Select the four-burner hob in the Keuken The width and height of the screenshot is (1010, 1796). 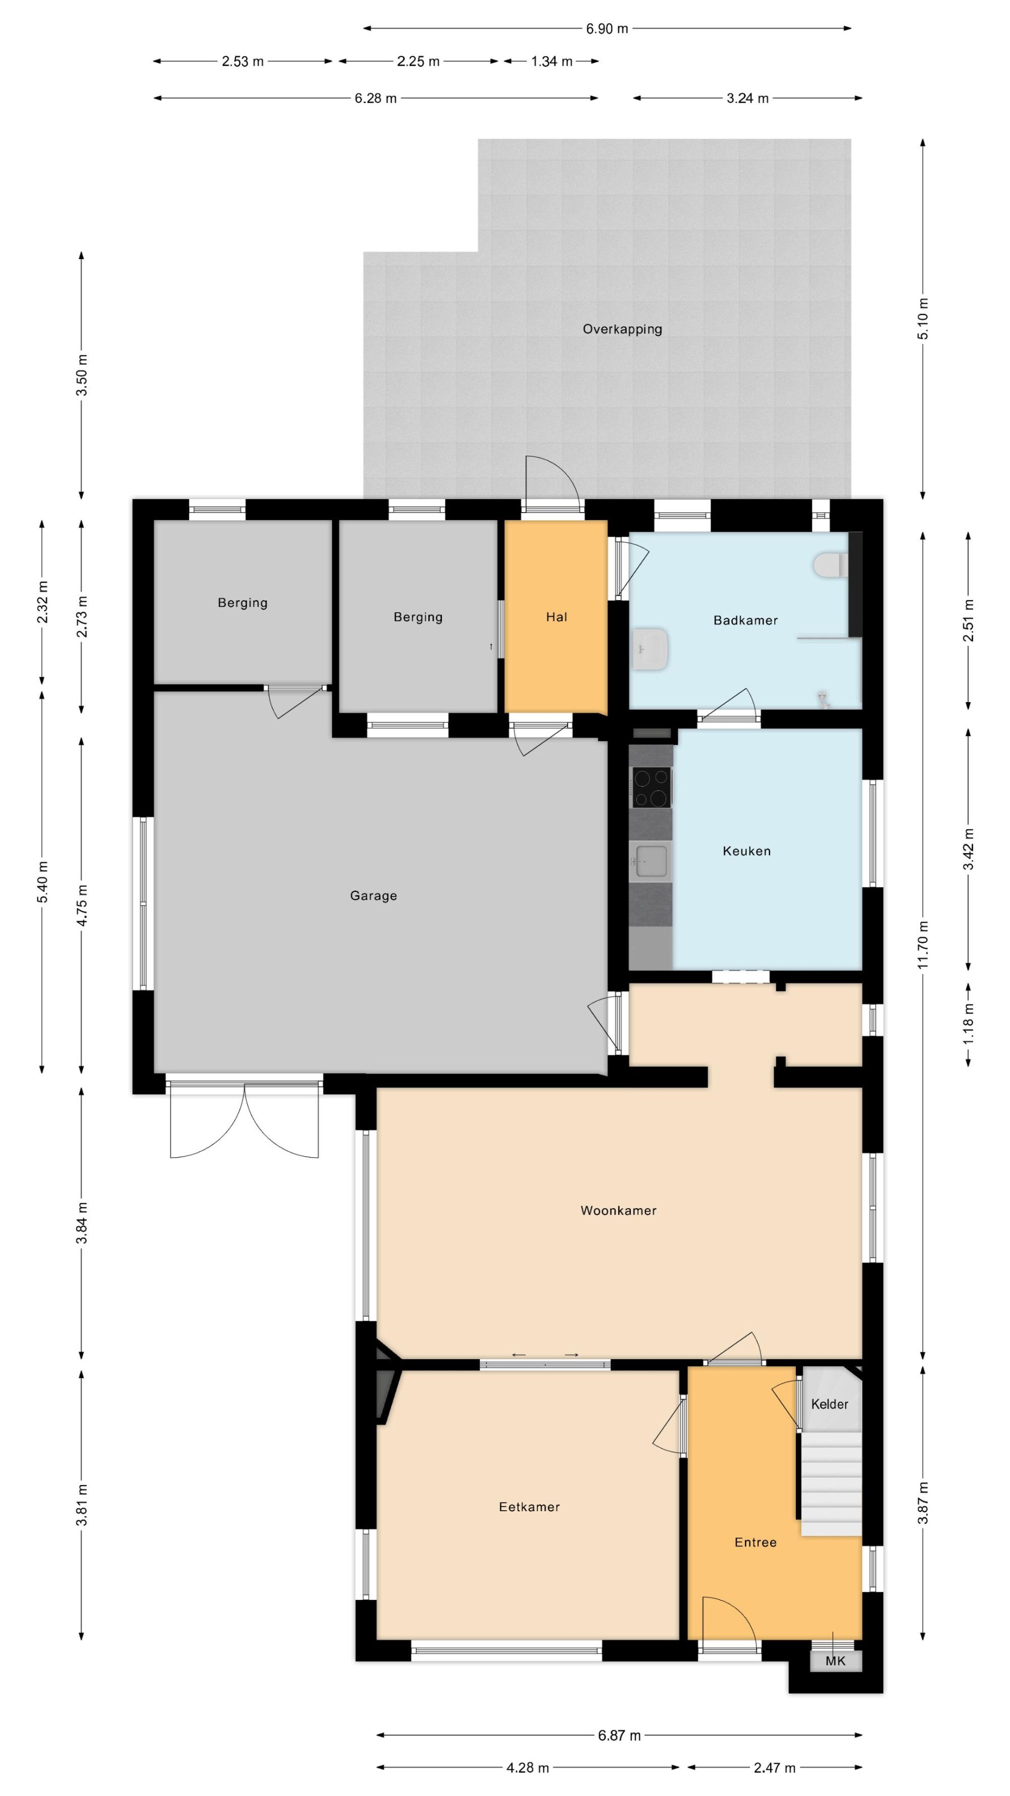coord(651,787)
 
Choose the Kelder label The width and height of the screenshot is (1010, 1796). coord(830,1404)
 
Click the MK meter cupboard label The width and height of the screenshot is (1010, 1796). coord(835,1661)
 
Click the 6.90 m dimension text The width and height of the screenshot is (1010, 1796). coord(607,29)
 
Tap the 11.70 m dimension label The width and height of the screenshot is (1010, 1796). coord(923,944)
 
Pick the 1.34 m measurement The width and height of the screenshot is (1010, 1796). coord(551,61)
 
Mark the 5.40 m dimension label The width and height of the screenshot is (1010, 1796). coord(42,882)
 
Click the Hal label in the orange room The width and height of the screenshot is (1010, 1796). coord(556,617)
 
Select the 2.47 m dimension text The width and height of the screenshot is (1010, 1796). coord(774,1767)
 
